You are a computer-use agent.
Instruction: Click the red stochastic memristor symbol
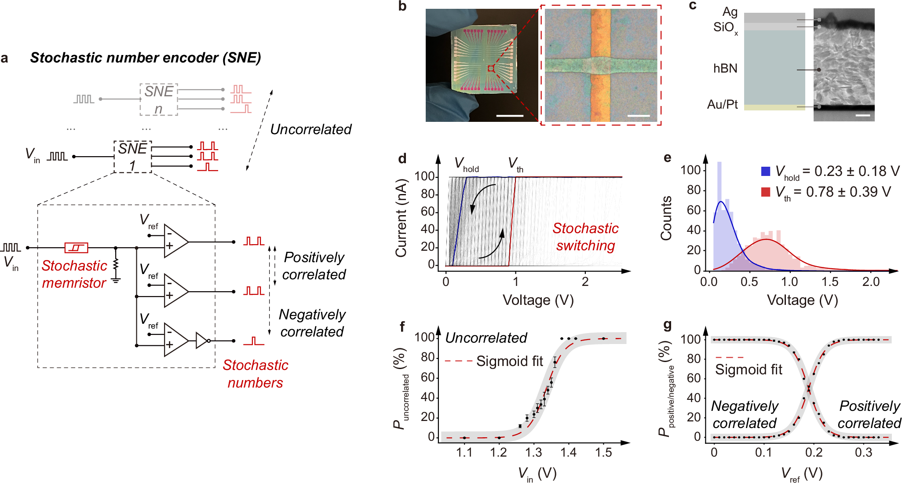click(76, 248)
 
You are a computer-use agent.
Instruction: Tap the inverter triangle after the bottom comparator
click(202, 340)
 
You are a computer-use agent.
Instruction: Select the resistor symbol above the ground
click(116, 265)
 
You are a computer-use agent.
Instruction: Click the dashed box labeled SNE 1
click(132, 157)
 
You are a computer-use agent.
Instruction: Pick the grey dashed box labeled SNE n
click(159, 99)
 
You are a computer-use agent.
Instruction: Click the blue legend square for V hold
click(766, 171)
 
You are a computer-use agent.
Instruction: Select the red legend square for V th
click(766, 192)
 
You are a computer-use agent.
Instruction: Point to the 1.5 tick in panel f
click(603, 452)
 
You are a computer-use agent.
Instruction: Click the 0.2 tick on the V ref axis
click(814, 452)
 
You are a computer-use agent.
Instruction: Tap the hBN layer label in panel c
click(725, 69)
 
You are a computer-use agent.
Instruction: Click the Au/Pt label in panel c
click(722, 105)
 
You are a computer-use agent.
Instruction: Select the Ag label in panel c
click(730, 12)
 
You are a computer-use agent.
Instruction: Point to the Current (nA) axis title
click(401, 218)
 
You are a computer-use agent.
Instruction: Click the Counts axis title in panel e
click(666, 218)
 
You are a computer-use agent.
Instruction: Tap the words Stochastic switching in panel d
click(585, 237)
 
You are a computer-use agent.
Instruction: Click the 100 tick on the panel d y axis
click(424, 176)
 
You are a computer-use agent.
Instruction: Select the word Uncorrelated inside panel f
click(486, 338)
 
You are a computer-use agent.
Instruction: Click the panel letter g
click(667, 326)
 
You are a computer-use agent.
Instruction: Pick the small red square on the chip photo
click(491, 68)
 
